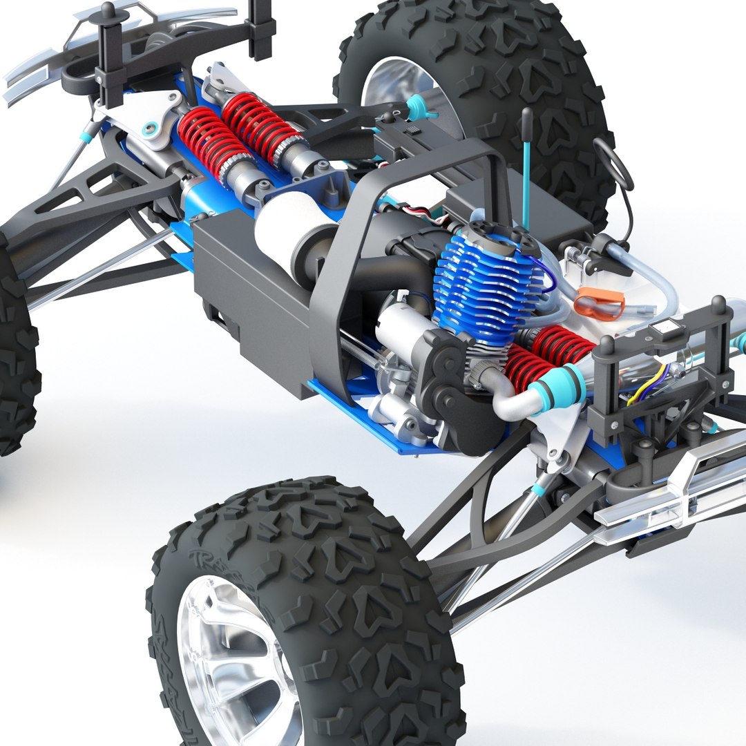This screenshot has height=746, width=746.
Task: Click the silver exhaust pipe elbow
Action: (x=508, y=401)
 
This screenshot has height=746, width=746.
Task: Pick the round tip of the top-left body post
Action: (x=108, y=10)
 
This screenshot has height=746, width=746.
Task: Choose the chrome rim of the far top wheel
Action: (x=401, y=97)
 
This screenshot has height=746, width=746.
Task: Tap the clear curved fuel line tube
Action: (x=649, y=276)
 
